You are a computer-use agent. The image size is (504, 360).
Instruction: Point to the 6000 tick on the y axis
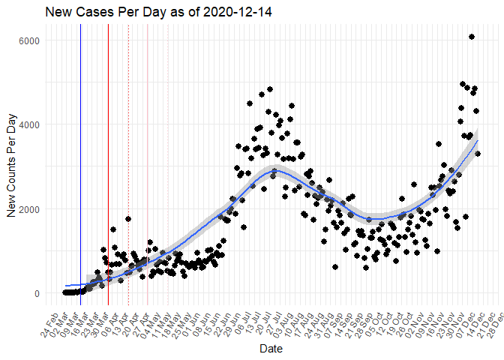click(29, 40)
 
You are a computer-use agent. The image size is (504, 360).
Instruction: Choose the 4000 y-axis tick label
click(29, 124)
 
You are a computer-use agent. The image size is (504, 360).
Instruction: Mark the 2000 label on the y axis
click(29, 209)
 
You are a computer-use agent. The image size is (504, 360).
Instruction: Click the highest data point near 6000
click(472, 37)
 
